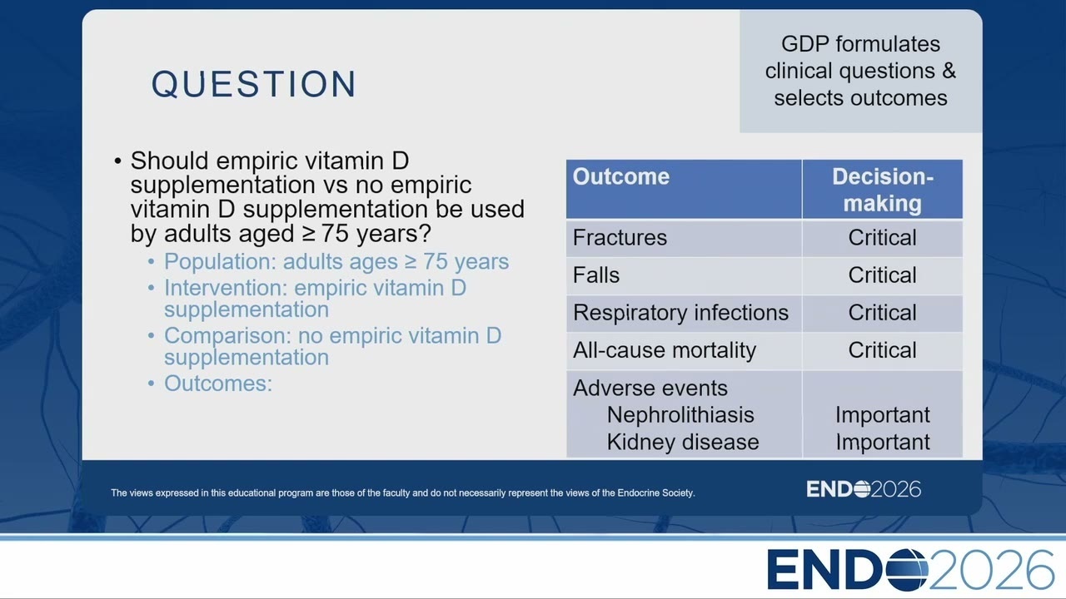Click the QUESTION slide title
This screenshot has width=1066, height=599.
[x=254, y=84]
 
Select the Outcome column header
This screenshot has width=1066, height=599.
[x=620, y=176]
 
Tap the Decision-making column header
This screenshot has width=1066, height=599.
[x=882, y=190]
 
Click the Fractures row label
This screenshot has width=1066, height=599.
[x=620, y=237]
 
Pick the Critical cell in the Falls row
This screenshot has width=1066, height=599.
[x=882, y=275]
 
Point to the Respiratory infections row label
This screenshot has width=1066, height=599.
[x=680, y=312]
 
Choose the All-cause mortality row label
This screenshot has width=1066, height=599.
[x=665, y=350]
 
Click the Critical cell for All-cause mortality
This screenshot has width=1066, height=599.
[x=882, y=350]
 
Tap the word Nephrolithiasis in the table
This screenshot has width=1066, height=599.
[x=680, y=415]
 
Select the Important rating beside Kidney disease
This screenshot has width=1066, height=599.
[x=882, y=442]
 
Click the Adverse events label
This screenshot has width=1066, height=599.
[x=650, y=388]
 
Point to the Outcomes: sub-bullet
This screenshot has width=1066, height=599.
[x=218, y=384]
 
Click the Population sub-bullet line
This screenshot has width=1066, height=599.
[x=336, y=261]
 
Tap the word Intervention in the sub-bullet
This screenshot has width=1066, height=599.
[x=225, y=288]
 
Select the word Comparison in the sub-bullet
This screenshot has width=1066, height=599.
[x=227, y=336]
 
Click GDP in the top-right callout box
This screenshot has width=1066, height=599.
[x=804, y=44]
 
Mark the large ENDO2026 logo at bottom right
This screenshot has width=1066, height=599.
[x=910, y=570]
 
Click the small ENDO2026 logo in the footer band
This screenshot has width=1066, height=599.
[x=864, y=489]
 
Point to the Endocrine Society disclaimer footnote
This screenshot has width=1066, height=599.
[x=402, y=493]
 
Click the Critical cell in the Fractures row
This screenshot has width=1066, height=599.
[x=882, y=237]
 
